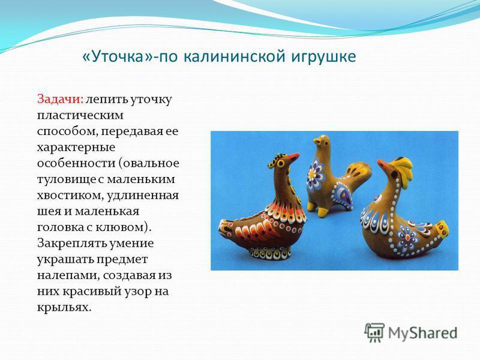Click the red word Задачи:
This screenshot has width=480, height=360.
click(61, 100)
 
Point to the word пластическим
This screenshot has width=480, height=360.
click(80, 116)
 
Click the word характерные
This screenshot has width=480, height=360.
click(76, 148)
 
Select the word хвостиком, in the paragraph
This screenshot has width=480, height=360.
click(70, 196)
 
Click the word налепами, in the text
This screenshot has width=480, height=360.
click(68, 275)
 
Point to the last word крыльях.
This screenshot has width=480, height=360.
click(64, 307)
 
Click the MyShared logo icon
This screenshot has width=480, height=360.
click(374, 333)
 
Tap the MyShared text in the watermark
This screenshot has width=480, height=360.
click(423, 333)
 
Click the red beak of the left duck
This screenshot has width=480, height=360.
click(293, 157)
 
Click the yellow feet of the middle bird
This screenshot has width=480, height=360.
click(317, 209)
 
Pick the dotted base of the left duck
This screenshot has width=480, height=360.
click(269, 253)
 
